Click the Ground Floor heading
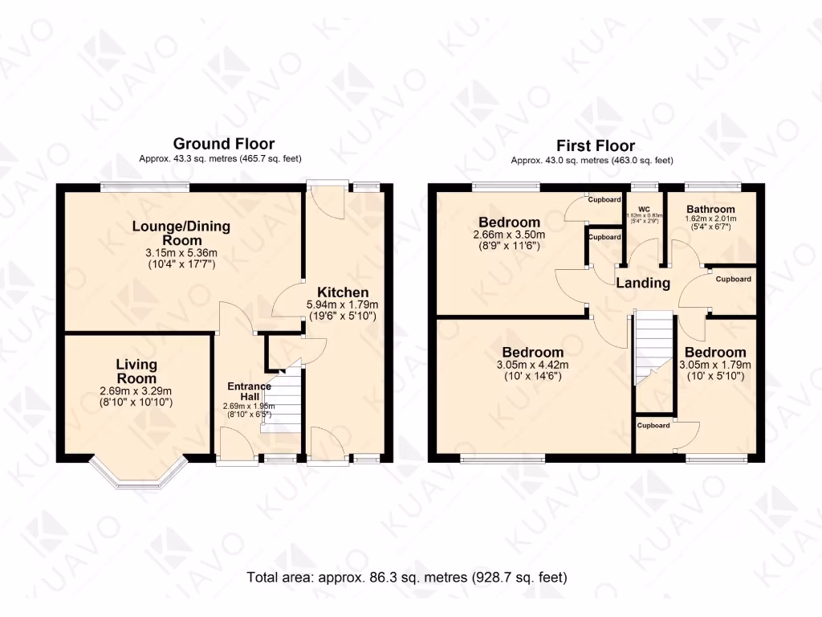coord(223,144)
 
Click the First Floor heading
coord(596,145)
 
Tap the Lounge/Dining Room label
coord(181,233)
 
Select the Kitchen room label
coord(343,292)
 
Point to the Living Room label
coord(136,371)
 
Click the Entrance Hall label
coord(248,391)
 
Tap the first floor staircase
coord(653,349)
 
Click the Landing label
coord(642,283)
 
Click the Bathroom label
coord(710,209)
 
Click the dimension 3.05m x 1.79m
coord(714,365)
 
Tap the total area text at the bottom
coord(407,577)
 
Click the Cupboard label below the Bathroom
coord(733,279)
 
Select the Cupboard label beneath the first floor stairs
coord(653,425)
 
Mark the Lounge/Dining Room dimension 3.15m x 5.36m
coord(181,252)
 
